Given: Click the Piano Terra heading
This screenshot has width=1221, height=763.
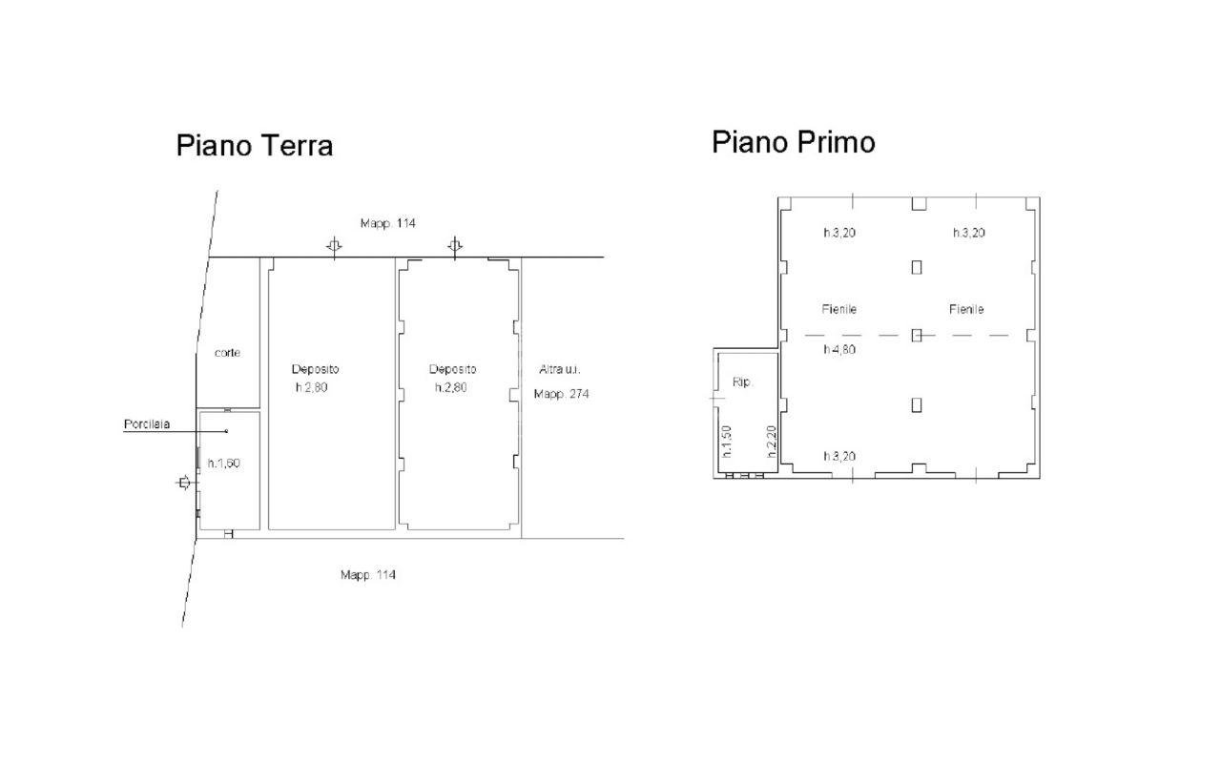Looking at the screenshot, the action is click(255, 146).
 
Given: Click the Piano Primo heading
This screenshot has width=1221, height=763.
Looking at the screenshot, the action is click(794, 142).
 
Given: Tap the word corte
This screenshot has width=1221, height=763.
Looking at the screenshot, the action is click(227, 353).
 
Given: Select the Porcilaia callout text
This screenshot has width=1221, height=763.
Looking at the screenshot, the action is click(147, 423).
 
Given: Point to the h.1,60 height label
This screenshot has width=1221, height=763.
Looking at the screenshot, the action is click(223, 463).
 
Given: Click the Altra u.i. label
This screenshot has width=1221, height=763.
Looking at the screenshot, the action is click(560, 369).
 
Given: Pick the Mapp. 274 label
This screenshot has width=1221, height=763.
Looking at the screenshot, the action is click(562, 394).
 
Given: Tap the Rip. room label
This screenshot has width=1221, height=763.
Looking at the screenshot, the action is click(742, 382).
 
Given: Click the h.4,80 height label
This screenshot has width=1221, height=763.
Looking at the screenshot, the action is click(838, 349).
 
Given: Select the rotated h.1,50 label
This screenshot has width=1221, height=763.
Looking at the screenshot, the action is click(726, 442).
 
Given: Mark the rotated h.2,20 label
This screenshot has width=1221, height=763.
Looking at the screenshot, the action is click(771, 442).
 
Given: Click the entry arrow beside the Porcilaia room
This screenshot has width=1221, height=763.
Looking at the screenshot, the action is click(184, 483).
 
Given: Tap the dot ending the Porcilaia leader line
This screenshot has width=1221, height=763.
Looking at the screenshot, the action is click(227, 431).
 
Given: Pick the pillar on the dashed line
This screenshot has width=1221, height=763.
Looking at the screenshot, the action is click(917, 335).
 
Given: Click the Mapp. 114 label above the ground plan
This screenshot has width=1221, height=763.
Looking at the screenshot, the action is click(387, 223).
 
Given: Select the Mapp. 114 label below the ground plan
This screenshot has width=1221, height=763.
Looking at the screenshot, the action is click(368, 574).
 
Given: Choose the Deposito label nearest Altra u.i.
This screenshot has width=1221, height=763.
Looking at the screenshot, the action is click(452, 369).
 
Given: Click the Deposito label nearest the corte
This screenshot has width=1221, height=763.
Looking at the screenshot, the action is click(315, 369).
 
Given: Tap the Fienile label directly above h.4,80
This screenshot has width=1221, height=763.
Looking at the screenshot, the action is click(838, 309).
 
